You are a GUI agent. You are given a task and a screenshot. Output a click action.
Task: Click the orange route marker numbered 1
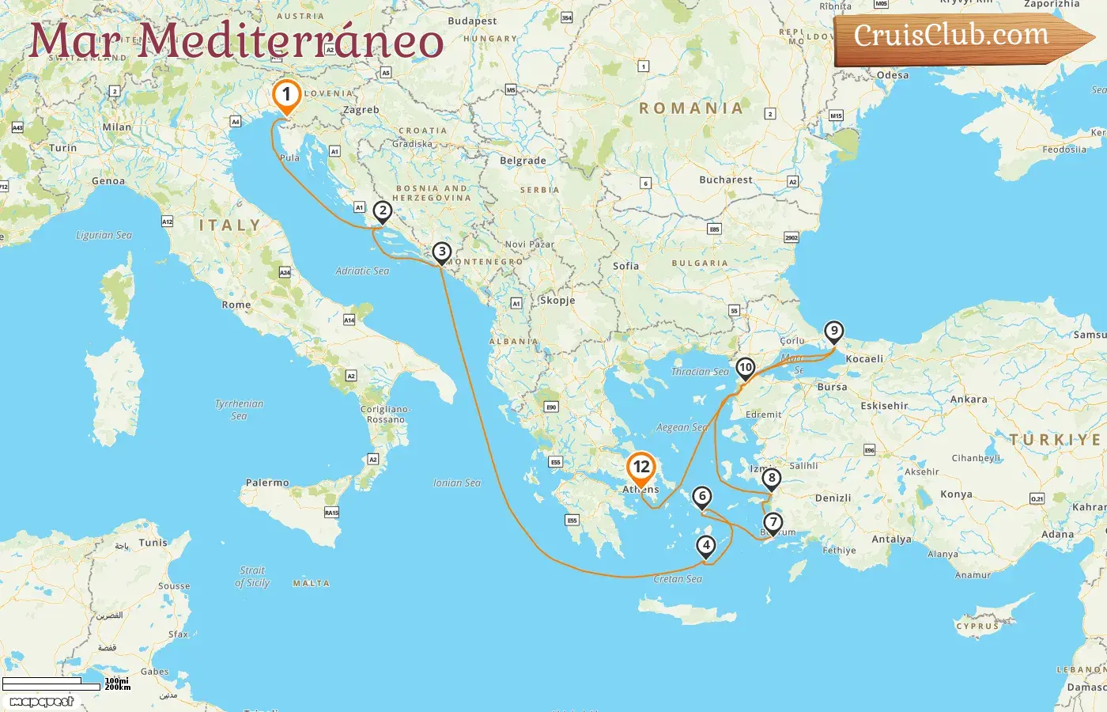(x=286, y=95)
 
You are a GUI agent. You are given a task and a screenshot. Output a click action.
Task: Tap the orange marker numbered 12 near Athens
(x=640, y=468)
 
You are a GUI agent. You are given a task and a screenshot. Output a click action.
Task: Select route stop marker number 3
(x=441, y=252)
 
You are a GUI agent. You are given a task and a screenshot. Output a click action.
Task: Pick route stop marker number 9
(x=833, y=331)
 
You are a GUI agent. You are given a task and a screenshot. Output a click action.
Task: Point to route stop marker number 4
(x=705, y=545)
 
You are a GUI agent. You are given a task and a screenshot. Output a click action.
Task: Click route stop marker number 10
(x=745, y=367)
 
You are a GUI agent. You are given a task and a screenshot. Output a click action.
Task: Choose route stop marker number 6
(x=701, y=496)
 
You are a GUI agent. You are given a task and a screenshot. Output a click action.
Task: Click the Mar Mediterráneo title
(x=236, y=40)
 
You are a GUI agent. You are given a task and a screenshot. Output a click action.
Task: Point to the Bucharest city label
(x=726, y=180)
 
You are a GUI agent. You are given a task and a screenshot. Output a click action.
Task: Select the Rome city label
(x=236, y=305)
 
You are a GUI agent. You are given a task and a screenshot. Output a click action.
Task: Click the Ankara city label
(x=969, y=400)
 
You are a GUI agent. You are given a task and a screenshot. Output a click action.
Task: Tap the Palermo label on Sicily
(x=267, y=483)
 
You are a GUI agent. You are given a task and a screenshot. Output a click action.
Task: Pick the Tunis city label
(x=153, y=543)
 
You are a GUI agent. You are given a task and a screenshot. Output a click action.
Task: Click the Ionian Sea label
(x=457, y=483)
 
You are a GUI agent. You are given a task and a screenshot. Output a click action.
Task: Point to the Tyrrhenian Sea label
(x=239, y=409)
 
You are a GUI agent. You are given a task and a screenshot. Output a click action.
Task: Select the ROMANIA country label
(x=691, y=108)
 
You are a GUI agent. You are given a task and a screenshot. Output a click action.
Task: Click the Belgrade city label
(x=523, y=161)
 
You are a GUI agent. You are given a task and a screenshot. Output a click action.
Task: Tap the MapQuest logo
(x=41, y=702)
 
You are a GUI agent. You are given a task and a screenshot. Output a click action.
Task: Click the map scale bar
(x=52, y=684)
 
